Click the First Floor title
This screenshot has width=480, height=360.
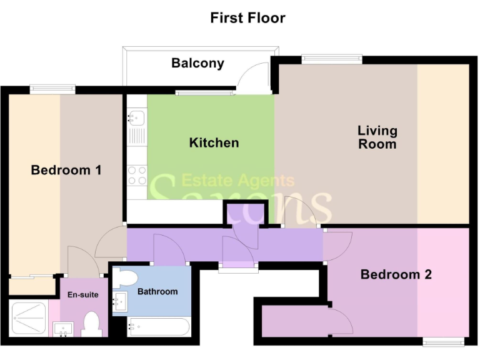tap(247, 17)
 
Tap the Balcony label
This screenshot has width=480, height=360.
tap(197, 63)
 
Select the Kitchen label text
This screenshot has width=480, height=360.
tap(214, 143)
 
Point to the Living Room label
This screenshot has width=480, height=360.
tap(377, 137)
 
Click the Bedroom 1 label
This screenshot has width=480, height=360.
tap(66, 170)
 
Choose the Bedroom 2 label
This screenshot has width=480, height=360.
tap(396, 274)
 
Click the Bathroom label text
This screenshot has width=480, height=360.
tap(157, 291)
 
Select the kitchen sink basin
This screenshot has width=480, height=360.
tap(136, 117)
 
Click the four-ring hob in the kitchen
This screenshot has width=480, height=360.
tap(136, 175)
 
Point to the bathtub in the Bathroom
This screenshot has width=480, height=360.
tap(157, 327)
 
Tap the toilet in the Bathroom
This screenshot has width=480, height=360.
tap(126, 277)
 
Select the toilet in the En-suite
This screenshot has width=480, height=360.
tap(91, 324)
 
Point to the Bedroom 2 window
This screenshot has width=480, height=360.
tap(442, 341)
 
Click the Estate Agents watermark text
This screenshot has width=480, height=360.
tap(237, 181)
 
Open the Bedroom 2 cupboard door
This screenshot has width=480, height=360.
tap(341, 321)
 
